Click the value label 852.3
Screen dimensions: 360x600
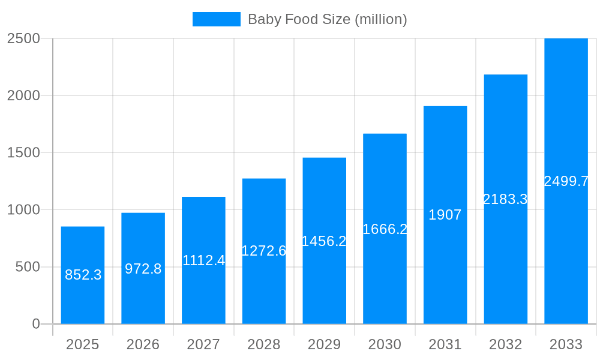(83, 275)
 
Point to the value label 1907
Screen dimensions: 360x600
(445, 215)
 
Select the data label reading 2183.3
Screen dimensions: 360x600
(505, 199)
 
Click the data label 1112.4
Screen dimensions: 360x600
(203, 260)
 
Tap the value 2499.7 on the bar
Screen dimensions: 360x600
(566, 181)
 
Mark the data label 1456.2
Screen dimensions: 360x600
(324, 241)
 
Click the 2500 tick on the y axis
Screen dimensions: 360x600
(23, 38)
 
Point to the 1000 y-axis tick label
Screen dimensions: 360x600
(23, 210)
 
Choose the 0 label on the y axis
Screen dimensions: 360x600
(35, 324)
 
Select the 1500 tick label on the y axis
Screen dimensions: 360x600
(23, 153)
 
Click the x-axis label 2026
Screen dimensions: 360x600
(143, 344)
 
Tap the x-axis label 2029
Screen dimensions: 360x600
(324, 344)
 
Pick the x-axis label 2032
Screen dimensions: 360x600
(505, 344)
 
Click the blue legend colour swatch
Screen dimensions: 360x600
(216, 19)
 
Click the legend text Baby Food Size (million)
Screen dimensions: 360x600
(327, 19)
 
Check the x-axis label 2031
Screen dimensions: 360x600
(445, 344)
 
